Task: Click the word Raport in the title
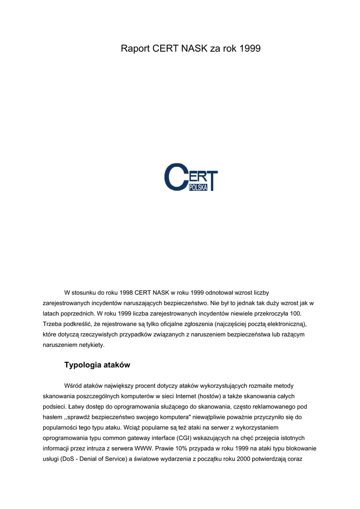(136, 48)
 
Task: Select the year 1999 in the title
(250, 48)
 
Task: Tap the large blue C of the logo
(176, 176)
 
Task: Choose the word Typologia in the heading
(84, 365)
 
